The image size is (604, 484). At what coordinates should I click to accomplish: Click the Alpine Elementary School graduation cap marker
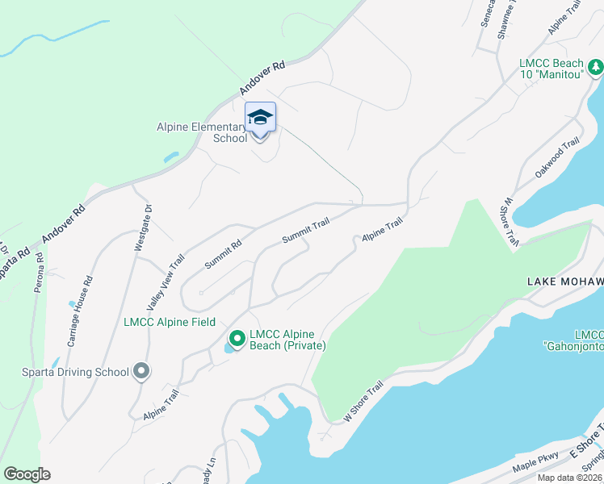[260, 118]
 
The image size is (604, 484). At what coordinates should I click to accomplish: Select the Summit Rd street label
[223, 254]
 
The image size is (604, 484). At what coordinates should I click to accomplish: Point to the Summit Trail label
[305, 231]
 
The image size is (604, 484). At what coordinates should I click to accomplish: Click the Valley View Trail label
[166, 282]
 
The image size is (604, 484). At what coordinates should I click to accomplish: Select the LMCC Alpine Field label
[169, 323]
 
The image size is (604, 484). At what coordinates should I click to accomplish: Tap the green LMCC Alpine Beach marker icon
[237, 339]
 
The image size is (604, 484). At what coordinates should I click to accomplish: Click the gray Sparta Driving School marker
[141, 372]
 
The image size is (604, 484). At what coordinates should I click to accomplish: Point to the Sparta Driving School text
[76, 372]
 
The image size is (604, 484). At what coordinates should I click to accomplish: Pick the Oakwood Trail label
[557, 158]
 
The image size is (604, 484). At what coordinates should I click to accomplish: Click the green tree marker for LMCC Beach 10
[596, 68]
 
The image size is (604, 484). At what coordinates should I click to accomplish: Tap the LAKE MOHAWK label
[564, 282]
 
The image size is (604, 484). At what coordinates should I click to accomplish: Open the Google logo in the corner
[27, 474]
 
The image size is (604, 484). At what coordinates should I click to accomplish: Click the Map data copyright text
[570, 478]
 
